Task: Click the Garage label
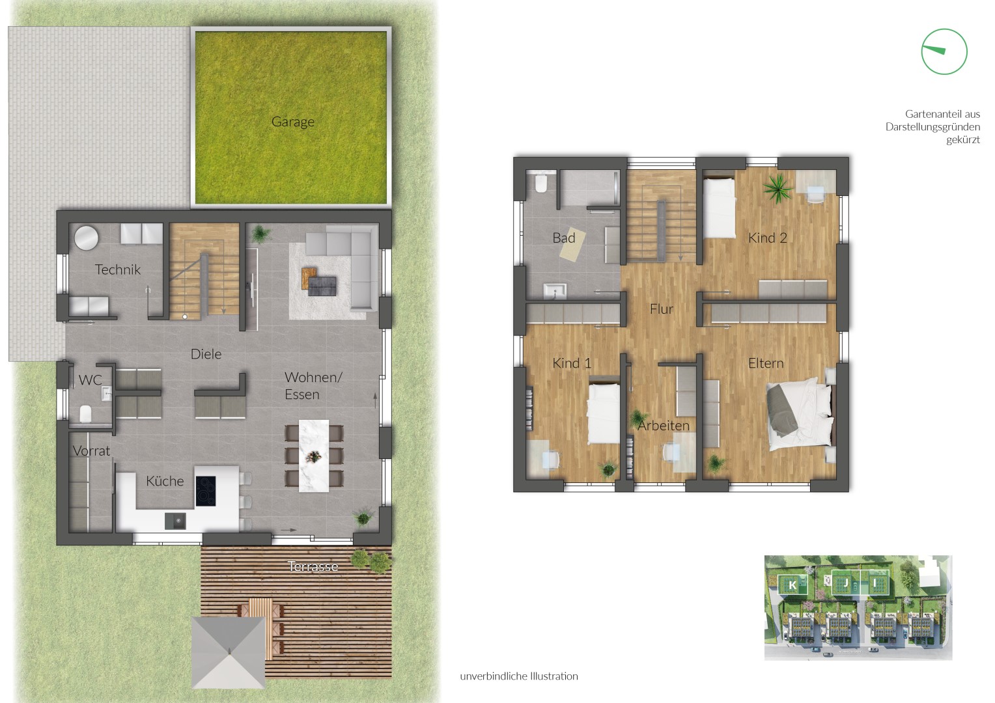(293, 122)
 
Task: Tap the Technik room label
(118, 269)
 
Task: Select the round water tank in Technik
(86, 238)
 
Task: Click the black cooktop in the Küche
(206, 491)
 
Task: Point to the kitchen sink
(175, 521)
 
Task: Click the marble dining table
(314, 456)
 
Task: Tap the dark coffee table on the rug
(322, 286)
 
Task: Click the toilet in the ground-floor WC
(86, 415)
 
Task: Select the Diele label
(206, 354)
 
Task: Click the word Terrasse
(313, 566)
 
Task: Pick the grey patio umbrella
(229, 652)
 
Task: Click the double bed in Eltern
(800, 414)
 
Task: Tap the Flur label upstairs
(662, 309)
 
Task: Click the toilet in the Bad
(540, 183)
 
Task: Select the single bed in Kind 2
(719, 208)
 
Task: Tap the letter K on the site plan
(792, 585)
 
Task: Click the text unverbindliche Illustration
(519, 676)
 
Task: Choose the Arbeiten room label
(664, 426)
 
